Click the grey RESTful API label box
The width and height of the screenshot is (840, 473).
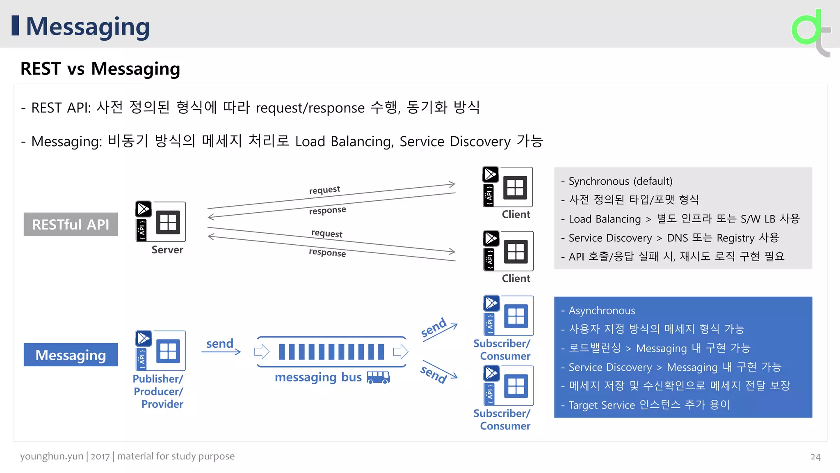71,224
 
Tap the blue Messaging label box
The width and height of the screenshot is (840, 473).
71,355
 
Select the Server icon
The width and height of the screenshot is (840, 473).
161,221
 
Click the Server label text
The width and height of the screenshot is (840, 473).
167,250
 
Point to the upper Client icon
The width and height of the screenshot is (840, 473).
508,187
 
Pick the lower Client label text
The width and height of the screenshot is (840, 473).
516,278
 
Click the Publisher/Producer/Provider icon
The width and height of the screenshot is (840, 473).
161,351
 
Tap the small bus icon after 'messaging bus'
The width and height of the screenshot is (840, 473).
378,377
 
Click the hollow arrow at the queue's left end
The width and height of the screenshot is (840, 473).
262,352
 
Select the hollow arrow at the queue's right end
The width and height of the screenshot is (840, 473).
401,352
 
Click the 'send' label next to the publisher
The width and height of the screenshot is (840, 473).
220,343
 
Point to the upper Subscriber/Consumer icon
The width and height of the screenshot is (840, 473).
509,316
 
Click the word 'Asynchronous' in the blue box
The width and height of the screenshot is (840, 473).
602,310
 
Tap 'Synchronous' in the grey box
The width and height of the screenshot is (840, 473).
599,181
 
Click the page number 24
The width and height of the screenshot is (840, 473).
815,457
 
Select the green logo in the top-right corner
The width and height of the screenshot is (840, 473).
810,31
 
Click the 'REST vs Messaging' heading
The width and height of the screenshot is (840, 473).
100,69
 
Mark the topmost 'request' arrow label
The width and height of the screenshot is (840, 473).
324,190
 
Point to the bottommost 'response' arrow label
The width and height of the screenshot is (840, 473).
327,253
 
